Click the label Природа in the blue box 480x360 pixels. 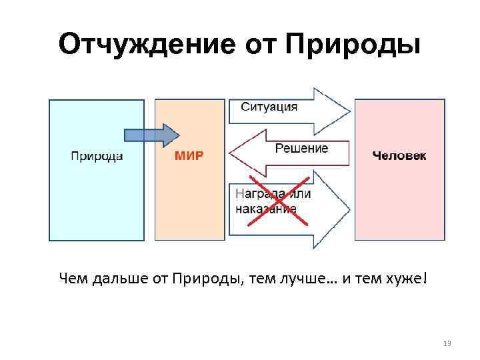[x=96, y=156]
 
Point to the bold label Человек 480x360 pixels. [x=399, y=156]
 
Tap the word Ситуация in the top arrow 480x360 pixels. [x=269, y=107]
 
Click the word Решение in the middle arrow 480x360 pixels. [x=301, y=148]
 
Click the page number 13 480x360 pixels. [x=447, y=343]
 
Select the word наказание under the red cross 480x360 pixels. [x=267, y=208]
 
